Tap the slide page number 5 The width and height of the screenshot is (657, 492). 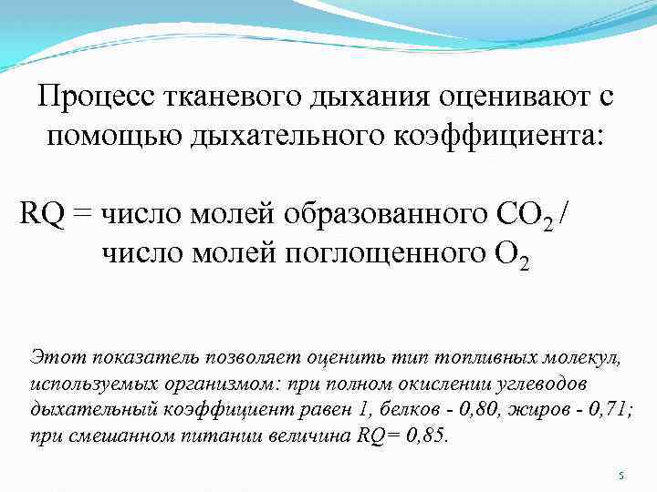(620, 476)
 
